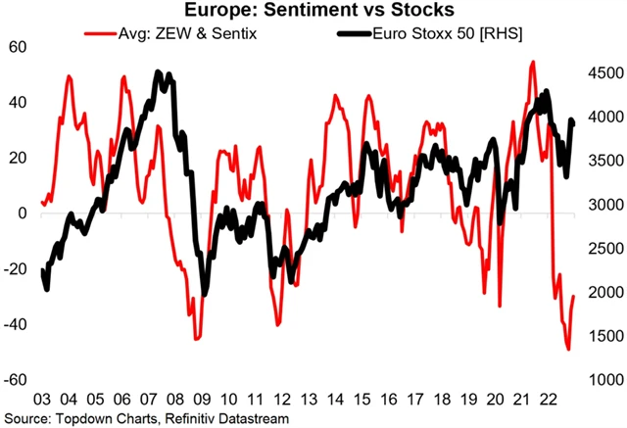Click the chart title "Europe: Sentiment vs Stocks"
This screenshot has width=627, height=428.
coord(313,12)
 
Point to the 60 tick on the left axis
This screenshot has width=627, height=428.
coord(19,47)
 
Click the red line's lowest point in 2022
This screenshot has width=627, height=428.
coord(568,349)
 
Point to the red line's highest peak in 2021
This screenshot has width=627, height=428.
coord(532,62)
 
